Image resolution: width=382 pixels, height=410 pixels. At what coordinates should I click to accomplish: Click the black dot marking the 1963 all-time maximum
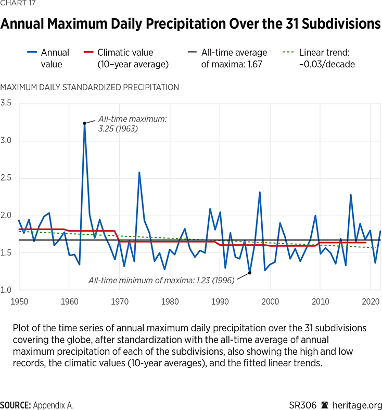(x=84, y=123)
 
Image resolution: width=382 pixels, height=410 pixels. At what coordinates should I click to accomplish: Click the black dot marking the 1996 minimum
(x=250, y=272)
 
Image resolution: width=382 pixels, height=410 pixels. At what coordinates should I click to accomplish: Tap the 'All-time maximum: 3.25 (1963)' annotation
(x=132, y=124)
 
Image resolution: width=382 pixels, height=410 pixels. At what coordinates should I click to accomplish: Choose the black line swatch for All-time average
(x=192, y=53)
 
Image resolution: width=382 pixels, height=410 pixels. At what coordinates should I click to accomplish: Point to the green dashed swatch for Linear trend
(x=290, y=53)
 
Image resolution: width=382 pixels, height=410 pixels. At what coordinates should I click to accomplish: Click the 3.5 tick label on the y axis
(x=6, y=103)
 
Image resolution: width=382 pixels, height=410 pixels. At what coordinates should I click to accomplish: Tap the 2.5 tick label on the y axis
(x=6, y=178)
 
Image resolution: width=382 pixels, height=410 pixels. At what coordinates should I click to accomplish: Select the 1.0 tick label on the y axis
(x=6, y=290)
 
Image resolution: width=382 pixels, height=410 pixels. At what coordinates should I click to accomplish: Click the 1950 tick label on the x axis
(x=19, y=302)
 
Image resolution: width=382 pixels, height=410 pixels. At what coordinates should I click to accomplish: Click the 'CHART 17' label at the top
(x=16, y=5)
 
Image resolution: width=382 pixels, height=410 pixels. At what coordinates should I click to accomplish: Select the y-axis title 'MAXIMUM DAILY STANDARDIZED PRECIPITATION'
(x=90, y=88)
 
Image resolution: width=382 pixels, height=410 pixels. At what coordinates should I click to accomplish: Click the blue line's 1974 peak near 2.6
(x=139, y=172)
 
